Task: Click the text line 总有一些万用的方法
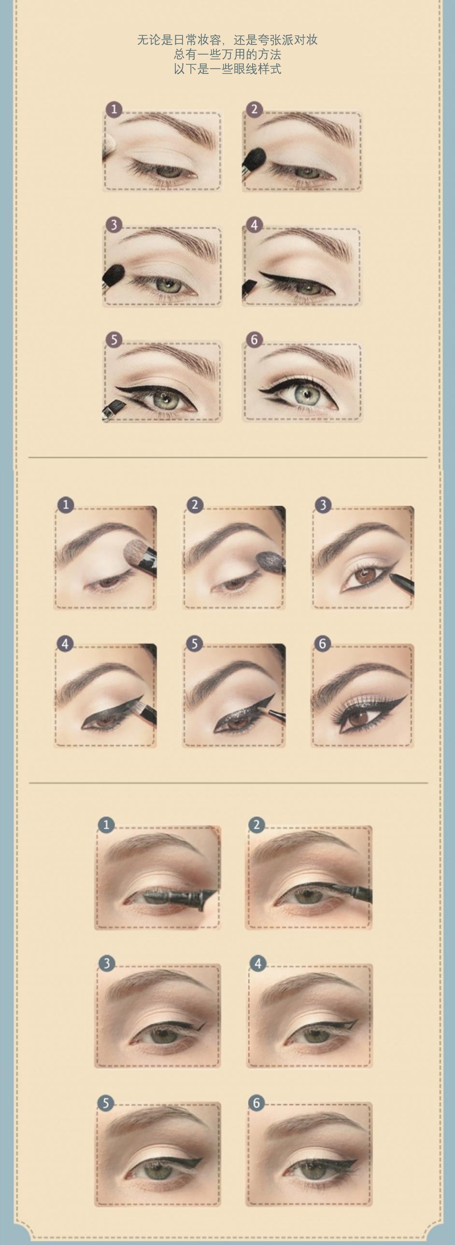point(227,54)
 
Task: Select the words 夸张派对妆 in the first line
point(288,40)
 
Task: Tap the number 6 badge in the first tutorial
point(255,340)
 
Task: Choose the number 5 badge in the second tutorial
point(194,643)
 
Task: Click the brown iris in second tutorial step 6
point(358,719)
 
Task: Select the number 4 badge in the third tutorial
point(258,964)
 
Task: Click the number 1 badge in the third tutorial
point(106,825)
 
